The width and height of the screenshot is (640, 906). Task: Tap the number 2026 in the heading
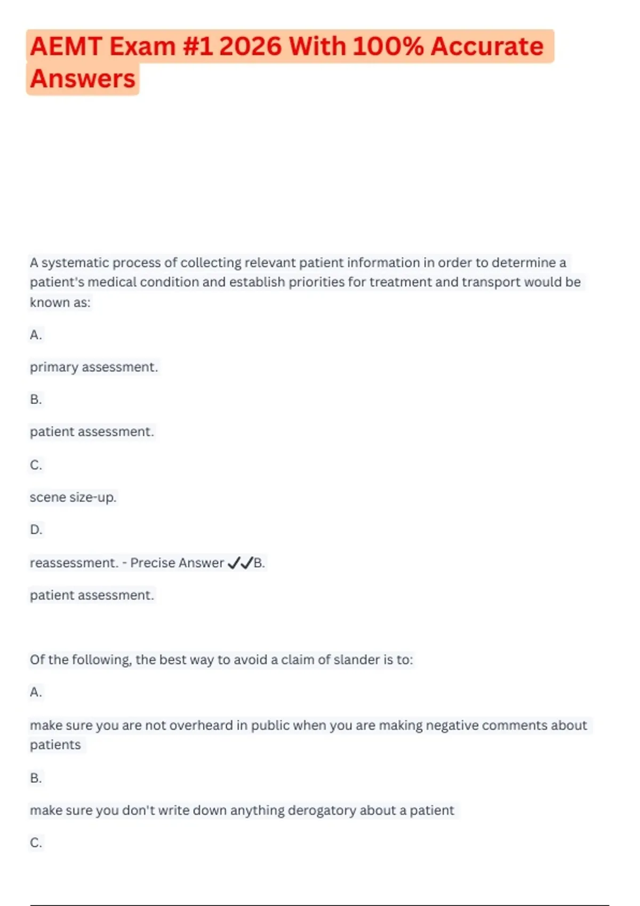(250, 46)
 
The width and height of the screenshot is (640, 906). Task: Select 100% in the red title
(388, 46)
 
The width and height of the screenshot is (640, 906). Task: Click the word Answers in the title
(83, 79)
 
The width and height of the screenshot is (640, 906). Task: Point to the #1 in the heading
(197, 46)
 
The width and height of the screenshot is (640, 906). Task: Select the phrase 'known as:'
(60, 303)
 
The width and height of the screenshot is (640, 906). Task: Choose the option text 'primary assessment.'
(94, 367)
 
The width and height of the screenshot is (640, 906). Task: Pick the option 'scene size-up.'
(73, 497)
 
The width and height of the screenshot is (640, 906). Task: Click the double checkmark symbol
(240, 563)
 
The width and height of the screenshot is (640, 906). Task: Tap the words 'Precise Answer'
(177, 563)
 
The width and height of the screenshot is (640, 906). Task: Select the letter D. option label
(36, 530)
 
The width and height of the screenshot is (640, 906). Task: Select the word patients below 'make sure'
(55, 745)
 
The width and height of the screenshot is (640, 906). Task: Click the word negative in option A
(452, 725)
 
